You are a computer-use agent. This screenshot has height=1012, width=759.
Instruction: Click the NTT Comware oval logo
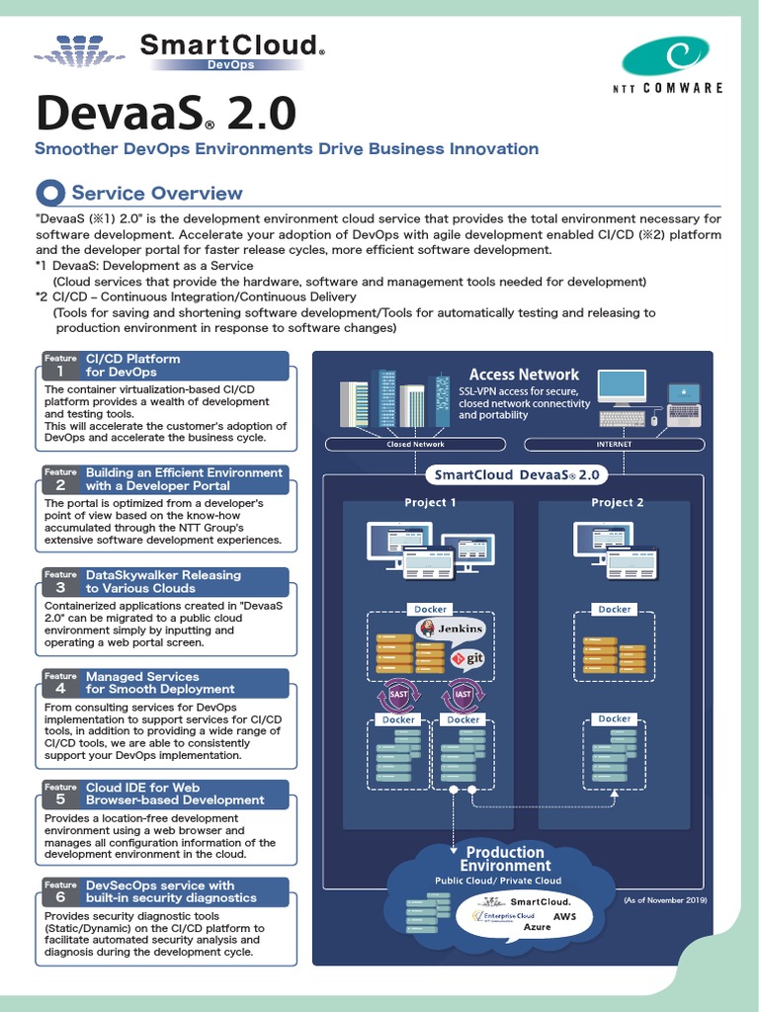click(664, 56)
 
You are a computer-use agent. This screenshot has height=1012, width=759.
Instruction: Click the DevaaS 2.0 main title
click(165, 114)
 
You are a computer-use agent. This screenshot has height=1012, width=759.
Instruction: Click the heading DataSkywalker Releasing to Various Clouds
click(163, 581)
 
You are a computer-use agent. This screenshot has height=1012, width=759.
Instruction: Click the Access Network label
click(524, 375)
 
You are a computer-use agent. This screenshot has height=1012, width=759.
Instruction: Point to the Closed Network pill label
click(415, 444)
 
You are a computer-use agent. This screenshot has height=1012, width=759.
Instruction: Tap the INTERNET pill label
click(614, 444)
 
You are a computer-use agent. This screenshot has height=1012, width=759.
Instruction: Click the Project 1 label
click(430, 502)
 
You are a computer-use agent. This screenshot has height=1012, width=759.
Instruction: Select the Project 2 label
click(617, 502)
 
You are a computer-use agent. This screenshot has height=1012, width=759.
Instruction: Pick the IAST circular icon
click(462, 696)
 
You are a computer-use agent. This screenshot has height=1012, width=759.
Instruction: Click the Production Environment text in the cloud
click(505, 859)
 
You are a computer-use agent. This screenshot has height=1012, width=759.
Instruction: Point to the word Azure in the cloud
click(537, 928)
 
